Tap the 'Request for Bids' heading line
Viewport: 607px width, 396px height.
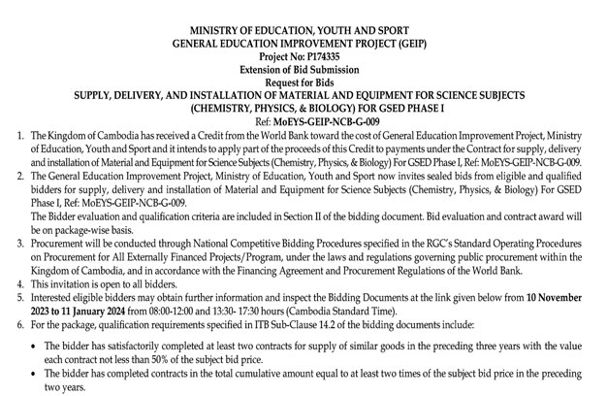303,93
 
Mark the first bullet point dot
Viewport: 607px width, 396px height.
15,334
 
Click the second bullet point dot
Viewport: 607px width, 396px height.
15,370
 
